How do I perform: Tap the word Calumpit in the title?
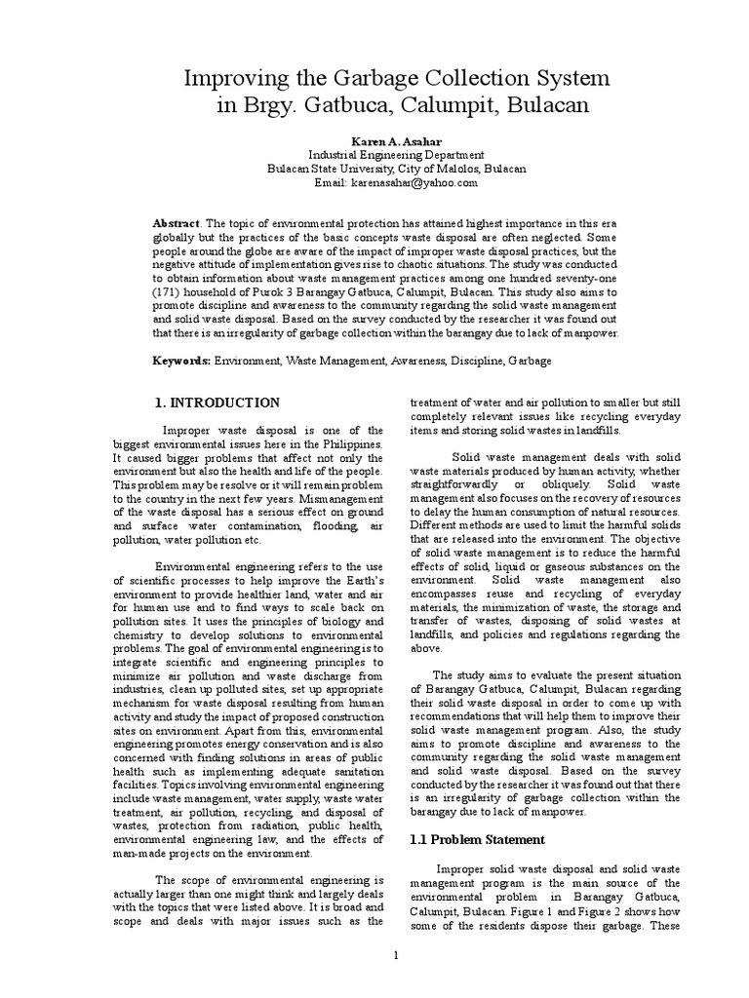(x=445, y=105)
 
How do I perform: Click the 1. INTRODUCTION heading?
(x=218, y=402)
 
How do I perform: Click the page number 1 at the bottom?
(x=396, y=954)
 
